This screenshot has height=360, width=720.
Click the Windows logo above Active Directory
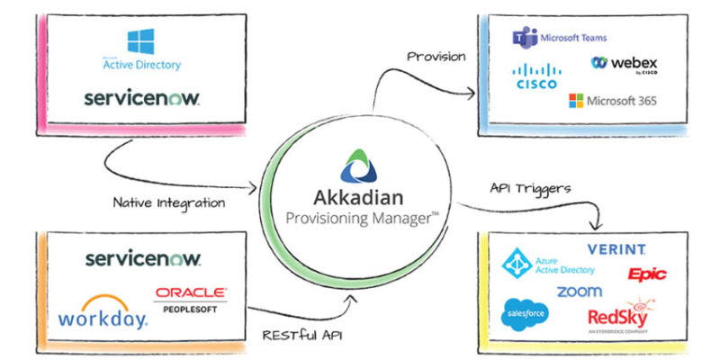click(x=141, y=40)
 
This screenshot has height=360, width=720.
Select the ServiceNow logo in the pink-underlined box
click(x=141, y=97)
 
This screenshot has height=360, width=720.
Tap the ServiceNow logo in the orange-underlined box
click(x=143, y=259)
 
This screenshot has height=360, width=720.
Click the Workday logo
click(x=102, y=316)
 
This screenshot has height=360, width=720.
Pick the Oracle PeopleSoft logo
click(x=190, y=298)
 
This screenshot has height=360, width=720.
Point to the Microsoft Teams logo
click(x=559, y=38)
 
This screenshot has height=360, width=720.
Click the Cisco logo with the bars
click(x=538, y=76)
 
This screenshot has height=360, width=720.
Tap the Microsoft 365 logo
click(x=612, y=100)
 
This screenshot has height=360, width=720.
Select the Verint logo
click(x=616, y=249)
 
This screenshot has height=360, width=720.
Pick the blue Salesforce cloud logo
click(x=526, y=311)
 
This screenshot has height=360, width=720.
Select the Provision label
click(x=436, y=56)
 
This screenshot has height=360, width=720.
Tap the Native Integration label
click(x=169, y=203)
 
